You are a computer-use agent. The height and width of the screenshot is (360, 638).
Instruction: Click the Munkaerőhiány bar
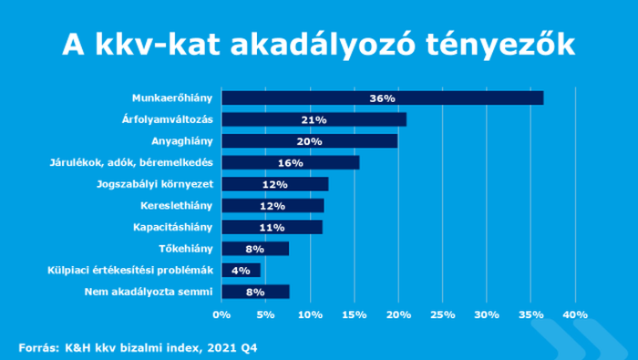pyautogui.click(x=382, y=98)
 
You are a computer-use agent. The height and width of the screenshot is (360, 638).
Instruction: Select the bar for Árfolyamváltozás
pyautogui.click(x=314, y=119)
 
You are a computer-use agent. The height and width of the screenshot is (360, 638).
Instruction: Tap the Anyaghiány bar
pyautogui.click(x=309, y=141)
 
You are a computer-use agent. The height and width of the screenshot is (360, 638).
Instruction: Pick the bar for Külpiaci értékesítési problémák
pyautogui.click(x=241, y=270)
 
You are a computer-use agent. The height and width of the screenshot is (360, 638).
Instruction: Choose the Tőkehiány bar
pyautogui.click(x=255, y=249)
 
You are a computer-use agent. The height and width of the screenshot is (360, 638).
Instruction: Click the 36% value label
pyautogui.click(x=382, y=98)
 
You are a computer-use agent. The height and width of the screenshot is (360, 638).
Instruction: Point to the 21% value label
pyautogui.click(x=314, y=119)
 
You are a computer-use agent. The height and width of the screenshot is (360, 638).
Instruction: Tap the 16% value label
pyautogui.click(x=290, y=163)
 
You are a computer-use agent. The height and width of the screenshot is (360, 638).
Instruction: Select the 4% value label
pyautogui.click(x=241, y=270)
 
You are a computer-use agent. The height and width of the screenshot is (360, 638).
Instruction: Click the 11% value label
pyautogui.click(x=271, y=227)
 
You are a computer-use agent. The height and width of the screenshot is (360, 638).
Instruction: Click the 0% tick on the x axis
pyautogui.click(x=221, y=314)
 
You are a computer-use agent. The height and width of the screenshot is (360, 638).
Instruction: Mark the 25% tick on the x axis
pyautogui.click(x=442, y=314)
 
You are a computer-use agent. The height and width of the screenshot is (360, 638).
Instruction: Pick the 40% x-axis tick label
pyautogui.click(x=575, y=314)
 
